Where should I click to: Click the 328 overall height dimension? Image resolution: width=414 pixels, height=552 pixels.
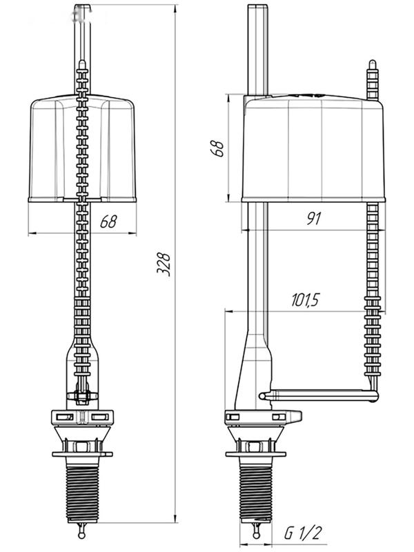[x=164, y=264]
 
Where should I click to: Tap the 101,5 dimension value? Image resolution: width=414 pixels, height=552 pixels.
[x=305, y=300]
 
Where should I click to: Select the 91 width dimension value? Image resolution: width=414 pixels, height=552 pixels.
[x=314, y=219]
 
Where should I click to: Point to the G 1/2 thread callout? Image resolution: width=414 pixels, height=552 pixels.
[x=303, y=533]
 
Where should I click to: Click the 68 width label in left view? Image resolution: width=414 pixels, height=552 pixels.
[x=108, y=221]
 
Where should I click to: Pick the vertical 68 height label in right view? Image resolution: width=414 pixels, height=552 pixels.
[x=217, y=148]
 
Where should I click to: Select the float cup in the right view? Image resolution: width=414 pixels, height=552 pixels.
[x=313, y=148]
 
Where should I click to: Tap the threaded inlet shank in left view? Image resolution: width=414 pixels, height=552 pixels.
[x=83, y=489]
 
